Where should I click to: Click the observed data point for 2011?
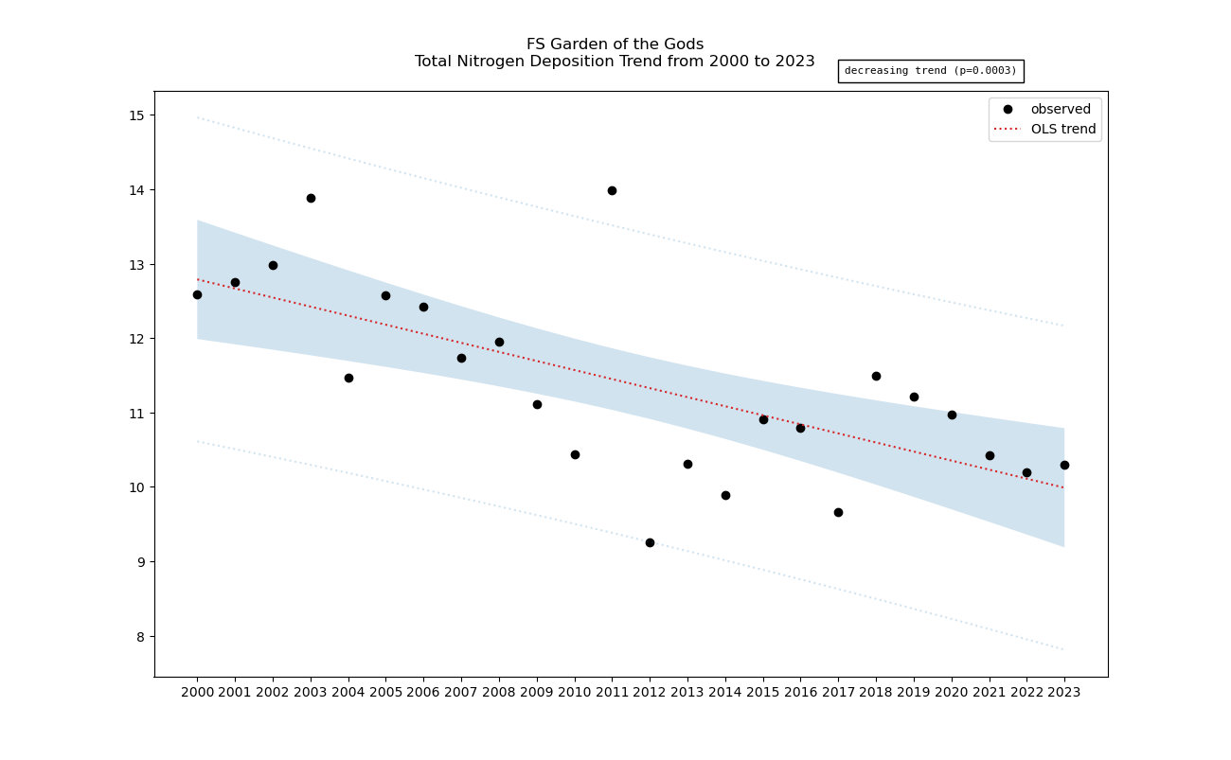(x=612, y=190)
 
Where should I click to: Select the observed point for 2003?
(x=311, y=198)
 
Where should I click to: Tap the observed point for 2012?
(x=650, y=542)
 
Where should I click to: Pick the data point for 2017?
(x=838, y=512)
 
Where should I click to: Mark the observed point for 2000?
(x=197, y=294)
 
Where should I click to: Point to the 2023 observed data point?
(x=1064, y=465)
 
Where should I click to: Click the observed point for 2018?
(x=876, y=376)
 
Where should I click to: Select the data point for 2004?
(x=348, y=378)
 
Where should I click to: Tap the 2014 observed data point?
(x=725, y=495)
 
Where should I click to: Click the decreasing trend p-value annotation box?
(x=930, y=71)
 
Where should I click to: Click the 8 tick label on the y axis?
(x=140, y=636)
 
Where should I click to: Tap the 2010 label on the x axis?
(x=575, y=693)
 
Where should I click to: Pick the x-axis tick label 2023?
(x=1064, y=693)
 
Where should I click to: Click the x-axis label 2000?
(x=197, y=693)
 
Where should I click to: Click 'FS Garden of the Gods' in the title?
(x=615, y=44)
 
